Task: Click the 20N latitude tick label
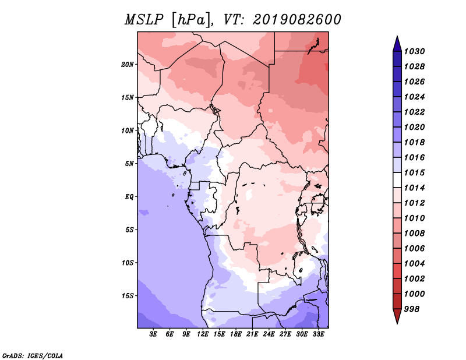128,65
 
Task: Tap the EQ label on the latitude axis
129,197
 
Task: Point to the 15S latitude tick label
128,296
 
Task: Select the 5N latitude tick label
129,164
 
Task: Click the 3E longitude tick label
153,334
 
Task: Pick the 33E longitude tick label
318,334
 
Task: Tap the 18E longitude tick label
236,334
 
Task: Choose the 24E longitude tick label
269,334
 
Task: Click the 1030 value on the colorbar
414,51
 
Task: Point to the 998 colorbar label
412,309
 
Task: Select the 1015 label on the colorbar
414,172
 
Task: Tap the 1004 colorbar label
414,264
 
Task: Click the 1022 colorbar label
414,112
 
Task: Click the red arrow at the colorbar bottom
397,316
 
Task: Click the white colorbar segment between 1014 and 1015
397,180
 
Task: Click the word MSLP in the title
144,20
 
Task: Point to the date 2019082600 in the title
297,20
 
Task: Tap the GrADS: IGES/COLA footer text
33,355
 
